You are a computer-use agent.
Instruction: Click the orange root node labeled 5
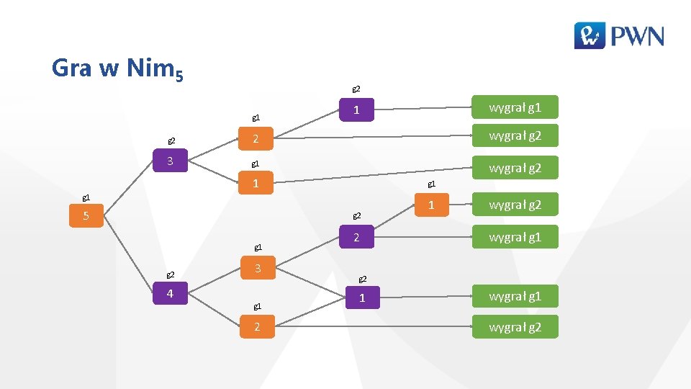pyautogui.click(x=86, y=216)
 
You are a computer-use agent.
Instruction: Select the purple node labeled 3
pyautogui.click(x=170, y=161)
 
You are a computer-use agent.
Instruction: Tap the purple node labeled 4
pyautogui.click(x=170, y=294)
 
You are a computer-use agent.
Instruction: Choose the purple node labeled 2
pyautogui.click(x=356, y=238)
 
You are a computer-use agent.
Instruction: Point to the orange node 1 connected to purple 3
pyautogui.click(x=256, y=184)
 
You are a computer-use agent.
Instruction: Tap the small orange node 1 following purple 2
pyautogui.click(x=431, y=205)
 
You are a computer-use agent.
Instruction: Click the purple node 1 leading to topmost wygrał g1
pyautogui.click(x=356, y=110)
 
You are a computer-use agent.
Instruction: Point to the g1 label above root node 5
pyautogui.click(x=86, y=196)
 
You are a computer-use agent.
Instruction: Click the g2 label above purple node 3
pyautogui.click(x=171, y=140)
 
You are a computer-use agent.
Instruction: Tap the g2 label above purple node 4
pyautogui.click(x=171, y=274)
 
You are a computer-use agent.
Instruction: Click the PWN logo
pyautogui.click(x=619, y=35)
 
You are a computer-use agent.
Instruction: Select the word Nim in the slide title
pyautogui.click(x=149, y=68)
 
